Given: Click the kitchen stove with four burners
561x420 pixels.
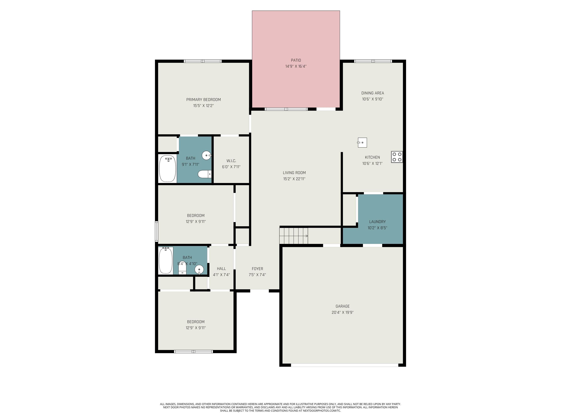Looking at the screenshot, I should pos(397,157).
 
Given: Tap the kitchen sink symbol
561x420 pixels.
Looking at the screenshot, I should pos(362,143).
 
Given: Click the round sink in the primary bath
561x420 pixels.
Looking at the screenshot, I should pos(206,155).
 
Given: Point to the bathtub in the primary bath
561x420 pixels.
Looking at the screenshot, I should pos(167,168).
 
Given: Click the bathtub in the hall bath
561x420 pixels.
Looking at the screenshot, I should pos(166,260).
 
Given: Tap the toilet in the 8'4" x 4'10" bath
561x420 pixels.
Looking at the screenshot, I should pos(182,268).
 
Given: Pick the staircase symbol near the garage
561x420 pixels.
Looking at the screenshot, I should pos(293,236).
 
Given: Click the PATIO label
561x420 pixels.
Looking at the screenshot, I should pos(296,60).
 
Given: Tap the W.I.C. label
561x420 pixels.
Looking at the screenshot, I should pos(231,161).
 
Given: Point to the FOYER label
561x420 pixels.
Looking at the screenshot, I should pos(257,269).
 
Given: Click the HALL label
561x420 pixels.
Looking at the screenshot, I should pos(221,269).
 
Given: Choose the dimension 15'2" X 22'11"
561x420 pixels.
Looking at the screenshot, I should pos(294,179).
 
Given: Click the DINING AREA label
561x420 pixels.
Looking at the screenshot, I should pos(372,93).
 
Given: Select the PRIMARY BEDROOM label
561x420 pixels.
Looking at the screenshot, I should pos(203,100).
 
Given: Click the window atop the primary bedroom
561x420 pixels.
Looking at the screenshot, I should pos(203,61).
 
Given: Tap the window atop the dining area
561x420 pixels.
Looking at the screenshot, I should pos(373,61).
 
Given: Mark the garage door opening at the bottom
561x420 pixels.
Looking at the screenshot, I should pos(344,365).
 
